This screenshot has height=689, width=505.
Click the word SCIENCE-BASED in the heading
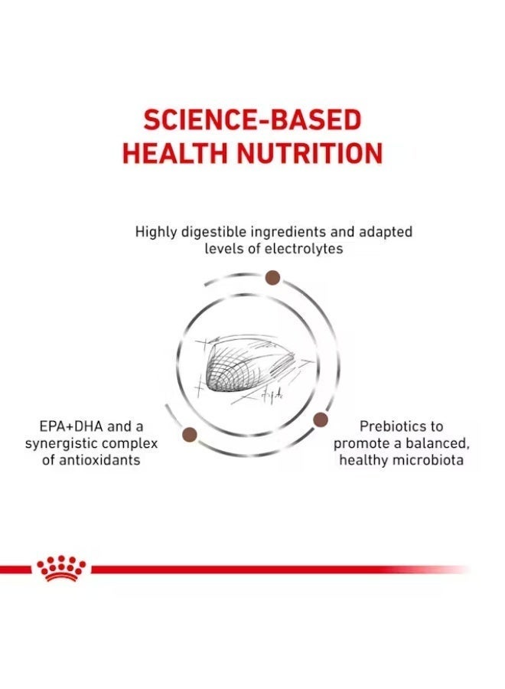(x=252, y=119)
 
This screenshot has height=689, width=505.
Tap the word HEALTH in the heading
(x=176, y=153)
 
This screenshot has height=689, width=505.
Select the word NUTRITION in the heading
(x=310, y=153)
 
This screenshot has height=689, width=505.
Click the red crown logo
(x=61, y=568)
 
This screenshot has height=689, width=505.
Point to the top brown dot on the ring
(x=272, y=277)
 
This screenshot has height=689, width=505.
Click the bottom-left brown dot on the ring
(x=189, y=435)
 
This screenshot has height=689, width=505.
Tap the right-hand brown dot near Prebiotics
(x=321, y=420)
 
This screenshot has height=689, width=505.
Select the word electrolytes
(x=304, y=249)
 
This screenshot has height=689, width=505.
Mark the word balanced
(x=438, y=443)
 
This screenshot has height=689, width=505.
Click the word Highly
(x=156, y=231)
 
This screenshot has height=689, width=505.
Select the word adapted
(x=386, y=231)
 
